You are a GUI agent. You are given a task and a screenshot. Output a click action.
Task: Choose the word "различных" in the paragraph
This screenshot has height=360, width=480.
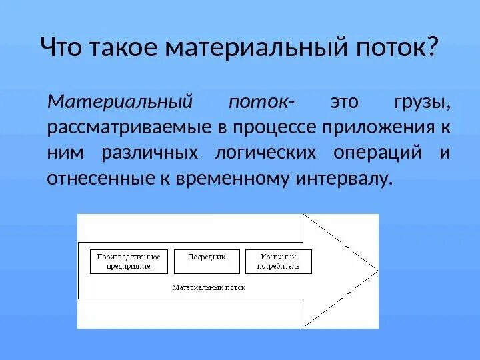150,153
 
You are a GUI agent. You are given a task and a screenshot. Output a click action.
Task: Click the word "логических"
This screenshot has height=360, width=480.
265,153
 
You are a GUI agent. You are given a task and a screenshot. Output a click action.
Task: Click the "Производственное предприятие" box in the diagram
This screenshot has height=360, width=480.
129,261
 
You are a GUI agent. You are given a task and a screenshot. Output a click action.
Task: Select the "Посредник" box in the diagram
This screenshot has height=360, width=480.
206,261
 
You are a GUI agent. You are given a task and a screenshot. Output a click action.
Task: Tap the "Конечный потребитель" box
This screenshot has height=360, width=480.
279,261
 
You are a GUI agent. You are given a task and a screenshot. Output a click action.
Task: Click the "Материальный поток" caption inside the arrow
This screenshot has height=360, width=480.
209,288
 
